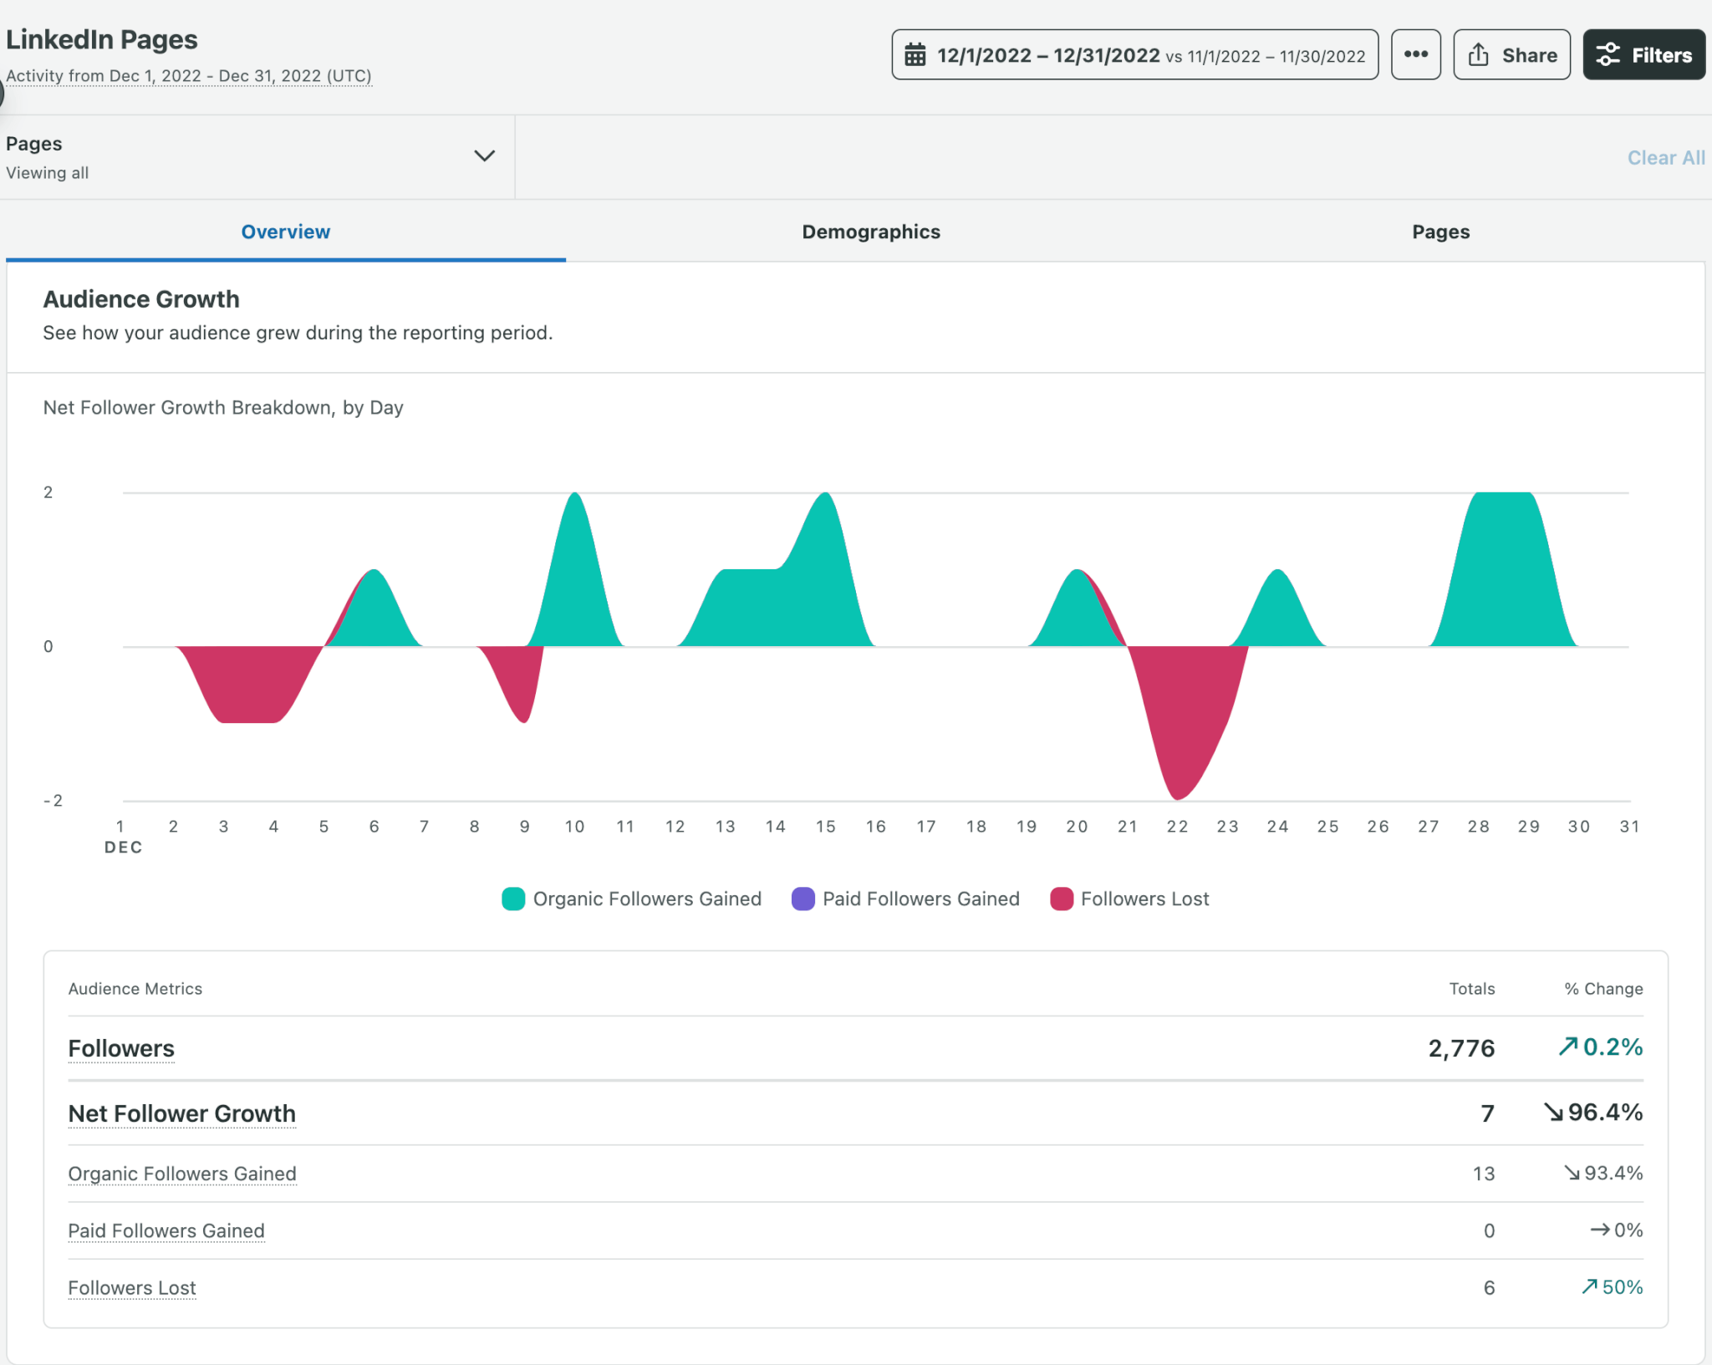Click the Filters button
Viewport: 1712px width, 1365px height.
click(x=1643, y=55)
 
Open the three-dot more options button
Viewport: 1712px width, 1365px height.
click(x=1415, y=55)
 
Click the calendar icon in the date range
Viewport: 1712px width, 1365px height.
click(x=915, y=55)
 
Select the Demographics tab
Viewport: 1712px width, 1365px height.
click(x=870, y=232)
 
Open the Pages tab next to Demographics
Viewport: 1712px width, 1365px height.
click(x=1440, y=232)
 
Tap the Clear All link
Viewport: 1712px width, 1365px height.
click(x=1665, y=158)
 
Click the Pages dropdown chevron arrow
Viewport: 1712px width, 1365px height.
click(x=484, y=156)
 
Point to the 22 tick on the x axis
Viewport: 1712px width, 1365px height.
click(x=1177, y=827)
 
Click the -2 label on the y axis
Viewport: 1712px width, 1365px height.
click(x=53, y=801)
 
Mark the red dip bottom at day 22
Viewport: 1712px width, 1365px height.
click(x=1177, y=794)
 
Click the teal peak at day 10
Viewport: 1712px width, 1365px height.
click(x=574, y=502)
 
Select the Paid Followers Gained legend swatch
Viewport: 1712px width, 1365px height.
click(x=802, y=899)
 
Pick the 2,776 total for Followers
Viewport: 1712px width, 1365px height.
click(x=1460, y=1048)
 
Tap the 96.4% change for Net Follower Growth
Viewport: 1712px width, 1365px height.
click(x=1603, y=1113)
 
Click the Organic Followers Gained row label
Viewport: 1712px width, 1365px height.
click(x=182, y=1174)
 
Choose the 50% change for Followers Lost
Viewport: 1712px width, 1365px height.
click(x=1620, y=1287)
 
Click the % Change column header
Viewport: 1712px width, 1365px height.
click(x=1602, y=989)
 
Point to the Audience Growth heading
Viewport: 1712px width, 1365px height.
click(x=141, y=299)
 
